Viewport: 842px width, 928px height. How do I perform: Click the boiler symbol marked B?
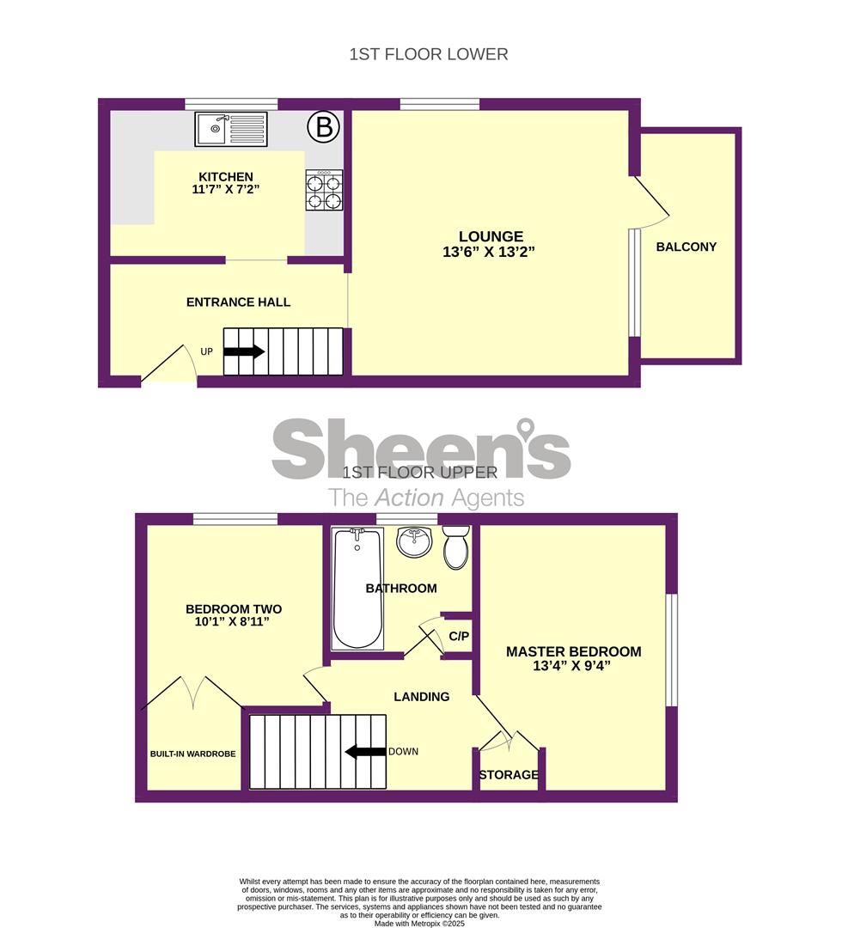pyautogui.click(x=324, y=126)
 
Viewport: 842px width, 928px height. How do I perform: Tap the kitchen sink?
pyautogui.click(x=231, y=129)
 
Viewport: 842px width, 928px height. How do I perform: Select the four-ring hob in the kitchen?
pyautogui.click(x=324, y=190)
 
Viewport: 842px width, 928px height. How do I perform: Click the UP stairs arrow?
pyautogui.click(x=244, y=351)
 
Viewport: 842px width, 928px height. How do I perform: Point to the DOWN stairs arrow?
pyautogui.click(x=366, y=752)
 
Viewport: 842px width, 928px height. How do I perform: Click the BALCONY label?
pyautogui.click(x=686, y=247)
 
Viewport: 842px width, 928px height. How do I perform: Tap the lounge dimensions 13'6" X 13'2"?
pyautogui.click(x=489, y=252)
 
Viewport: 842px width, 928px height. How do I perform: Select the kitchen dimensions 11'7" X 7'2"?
pyautogui.click(x=226, y=189)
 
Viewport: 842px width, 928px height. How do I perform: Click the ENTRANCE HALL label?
pyautogui.click(x=239, y=302)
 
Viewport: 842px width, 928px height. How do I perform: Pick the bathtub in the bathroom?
pyautogui.click(x=357, y=589)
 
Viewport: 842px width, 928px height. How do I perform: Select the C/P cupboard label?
pyautogui.click(x=459, y=636)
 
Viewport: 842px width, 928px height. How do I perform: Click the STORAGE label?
pyautogui.click(x=509, y=775)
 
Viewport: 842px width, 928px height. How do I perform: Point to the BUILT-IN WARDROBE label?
pyautogui.click(x=193, y=754)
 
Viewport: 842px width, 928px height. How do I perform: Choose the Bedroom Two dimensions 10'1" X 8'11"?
pyautogui.click(x=233, y=622)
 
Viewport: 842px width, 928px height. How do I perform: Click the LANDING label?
pyautogui.click(x=422, y=697)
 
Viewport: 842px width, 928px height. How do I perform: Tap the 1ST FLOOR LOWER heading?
pyautogui.click(x=429, y=54)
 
